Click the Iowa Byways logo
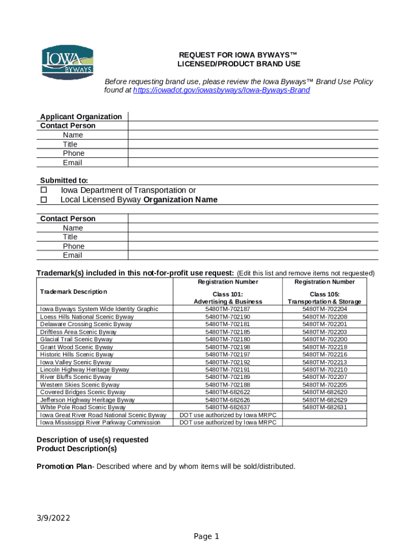[x=68, y=61]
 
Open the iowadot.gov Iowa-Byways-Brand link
[x=221, y=91]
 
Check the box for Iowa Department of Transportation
[x=44, y=190]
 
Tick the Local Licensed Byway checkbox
[x=44, y=200]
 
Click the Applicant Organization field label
[x=81, y=116]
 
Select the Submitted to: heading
[x=64, y=181]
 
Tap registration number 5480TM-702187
[x=227, y=309]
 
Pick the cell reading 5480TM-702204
[x=324, y=309]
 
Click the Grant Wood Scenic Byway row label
[x=77, y=347]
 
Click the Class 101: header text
[x=228, y=294]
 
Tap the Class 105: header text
[x=324, y=294]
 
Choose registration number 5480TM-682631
[x=324, y=408]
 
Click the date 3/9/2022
[x=53, y=519]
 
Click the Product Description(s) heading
[x=77, y=448]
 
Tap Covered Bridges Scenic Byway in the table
[x=80, y=392]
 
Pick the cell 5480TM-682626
[x=227, y=400]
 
